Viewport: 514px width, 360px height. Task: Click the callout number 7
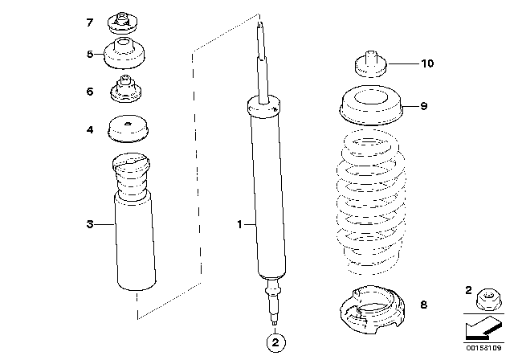click(x=90, y=22)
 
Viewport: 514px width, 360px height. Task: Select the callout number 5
click(x=90, y=55)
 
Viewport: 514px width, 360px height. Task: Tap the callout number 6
click(x=90, y=92)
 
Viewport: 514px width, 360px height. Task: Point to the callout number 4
click(x=90, y=129)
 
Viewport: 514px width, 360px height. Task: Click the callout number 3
click(x=90, y=226)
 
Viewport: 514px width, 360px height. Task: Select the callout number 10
click(x=427, y=63)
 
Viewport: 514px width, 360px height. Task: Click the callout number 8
click(x=424, y=305)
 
